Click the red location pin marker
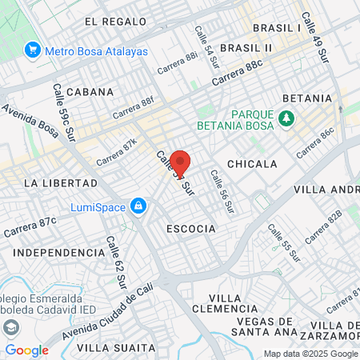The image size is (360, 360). pos(180,162)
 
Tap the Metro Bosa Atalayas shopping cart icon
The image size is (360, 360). pos(33,50)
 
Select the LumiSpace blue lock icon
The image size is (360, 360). pos(138,206)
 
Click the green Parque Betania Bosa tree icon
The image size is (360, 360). pos(286,118)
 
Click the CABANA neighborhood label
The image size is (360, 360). pos(90,92)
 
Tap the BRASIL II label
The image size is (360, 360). pos(246,48)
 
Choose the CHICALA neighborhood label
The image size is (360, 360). pos(252,164)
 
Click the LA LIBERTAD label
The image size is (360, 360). pos(54,182)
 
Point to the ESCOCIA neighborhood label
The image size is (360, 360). pos(191,229)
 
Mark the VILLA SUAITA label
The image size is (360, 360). pos(116,347)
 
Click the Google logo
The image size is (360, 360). pos(27,350)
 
